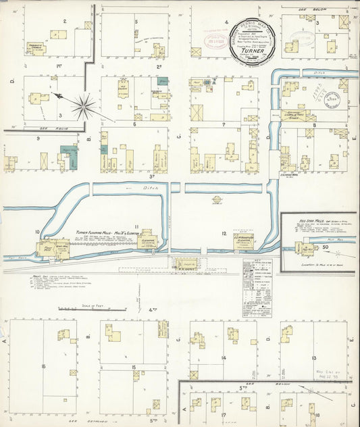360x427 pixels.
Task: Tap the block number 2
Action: click(64, 21)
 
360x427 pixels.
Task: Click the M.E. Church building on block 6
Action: click(124, 90)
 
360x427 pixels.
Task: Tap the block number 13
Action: click(315, 357)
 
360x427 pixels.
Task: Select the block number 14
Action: click(224, 357)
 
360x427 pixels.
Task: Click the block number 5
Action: click(136, 22)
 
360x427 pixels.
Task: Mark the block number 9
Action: click(38, 139)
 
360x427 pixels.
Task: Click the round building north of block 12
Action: click(217, 200)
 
